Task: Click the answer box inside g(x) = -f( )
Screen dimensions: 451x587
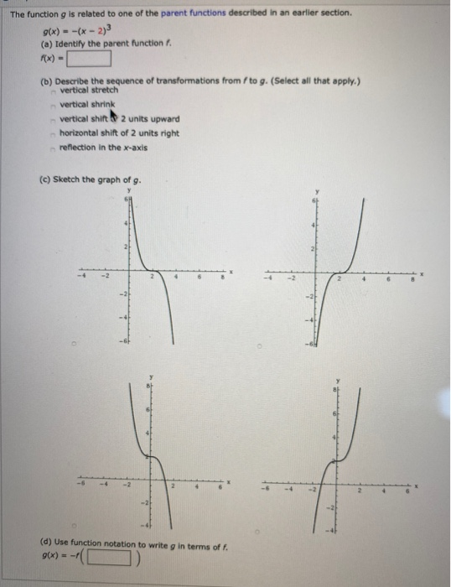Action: [115, 556]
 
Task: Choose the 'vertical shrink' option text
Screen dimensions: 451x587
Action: [86, 105]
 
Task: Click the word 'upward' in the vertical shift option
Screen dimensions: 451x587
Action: [163, 118]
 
